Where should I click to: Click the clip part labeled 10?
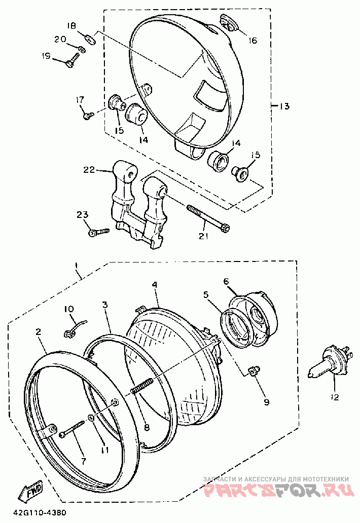[x=75, y=328]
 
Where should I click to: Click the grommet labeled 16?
[x=228, y=22]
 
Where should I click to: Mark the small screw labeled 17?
[x=89, y=115]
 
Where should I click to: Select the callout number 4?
[x=155, y=284]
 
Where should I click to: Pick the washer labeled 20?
[x=82, y=49]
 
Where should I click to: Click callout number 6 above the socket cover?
[x=226, y=281]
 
